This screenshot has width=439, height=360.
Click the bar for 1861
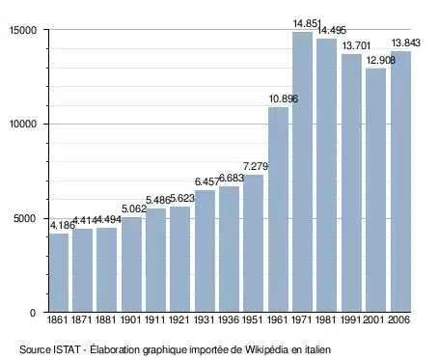tap(59, 272)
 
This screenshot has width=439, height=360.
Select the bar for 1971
tap(302, 172)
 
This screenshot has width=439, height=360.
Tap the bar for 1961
tap(278, 209)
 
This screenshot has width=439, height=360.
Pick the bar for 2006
tap(400, 181)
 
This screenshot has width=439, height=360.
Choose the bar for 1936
tap(230, 249)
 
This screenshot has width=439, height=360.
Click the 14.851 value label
tap(307, 23)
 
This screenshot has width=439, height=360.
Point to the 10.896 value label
tap(284, 98)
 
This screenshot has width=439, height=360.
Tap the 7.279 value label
tap(256, 166)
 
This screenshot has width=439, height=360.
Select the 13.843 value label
tap(406, 42)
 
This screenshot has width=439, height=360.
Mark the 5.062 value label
tap(134, 208)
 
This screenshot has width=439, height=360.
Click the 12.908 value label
tap(381, 60)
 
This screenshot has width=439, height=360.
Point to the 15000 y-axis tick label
tap(22, 30)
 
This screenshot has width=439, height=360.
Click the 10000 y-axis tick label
tap(22, 125)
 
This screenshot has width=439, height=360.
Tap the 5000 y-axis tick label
tap(24, 219)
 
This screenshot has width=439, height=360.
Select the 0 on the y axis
tap(33, 313)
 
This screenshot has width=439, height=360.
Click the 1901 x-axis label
tap(131, 319)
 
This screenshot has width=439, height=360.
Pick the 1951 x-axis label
tap(253, 319)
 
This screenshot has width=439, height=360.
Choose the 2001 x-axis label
tap(374, 319)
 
